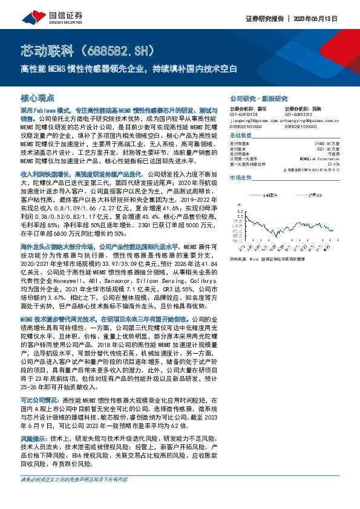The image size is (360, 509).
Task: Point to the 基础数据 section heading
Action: (x=240, y=136)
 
